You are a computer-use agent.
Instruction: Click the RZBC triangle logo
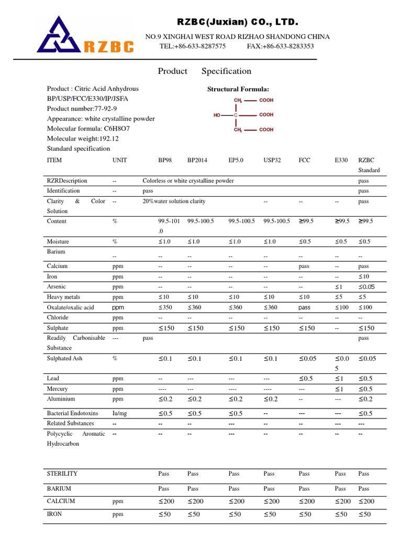pyautogui.click(x=60, y=35)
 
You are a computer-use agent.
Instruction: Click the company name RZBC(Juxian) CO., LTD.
pyautogui.click(x=237, y=23)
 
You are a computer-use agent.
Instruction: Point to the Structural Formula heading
pyautogui.click(x=238, y=89)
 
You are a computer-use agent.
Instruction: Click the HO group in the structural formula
pyautogui.click(x=217, y=115)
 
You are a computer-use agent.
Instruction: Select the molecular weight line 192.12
pyautogui.click(x=83, y=138)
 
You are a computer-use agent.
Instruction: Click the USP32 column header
pyautogui.click(x=272, y=160)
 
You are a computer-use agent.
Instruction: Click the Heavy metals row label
pyautogui.click(x=63, y=297)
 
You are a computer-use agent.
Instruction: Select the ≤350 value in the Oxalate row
pyautogui.click(x=165, y=307)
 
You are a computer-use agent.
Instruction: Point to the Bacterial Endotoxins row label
pyautogui.click(x=72, y=413)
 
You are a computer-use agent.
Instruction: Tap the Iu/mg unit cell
pyautogui.click(x=119, y=413)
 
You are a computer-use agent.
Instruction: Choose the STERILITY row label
pyautogui.click(x=62, y=474)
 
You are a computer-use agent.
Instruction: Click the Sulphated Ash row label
pyautogui.click(x=64, y=359)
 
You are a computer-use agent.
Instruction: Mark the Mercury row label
pyautogui.click(x=58, y=389)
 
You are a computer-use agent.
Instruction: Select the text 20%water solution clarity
pyautogui.click(x=174, y=201)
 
